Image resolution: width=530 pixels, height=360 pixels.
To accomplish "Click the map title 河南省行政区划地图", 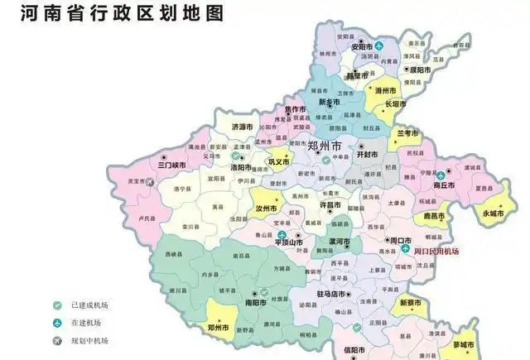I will tap(118, 14).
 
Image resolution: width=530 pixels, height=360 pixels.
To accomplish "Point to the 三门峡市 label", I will tap(152, 165).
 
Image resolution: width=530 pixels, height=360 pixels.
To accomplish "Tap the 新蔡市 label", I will tap(411, 303).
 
